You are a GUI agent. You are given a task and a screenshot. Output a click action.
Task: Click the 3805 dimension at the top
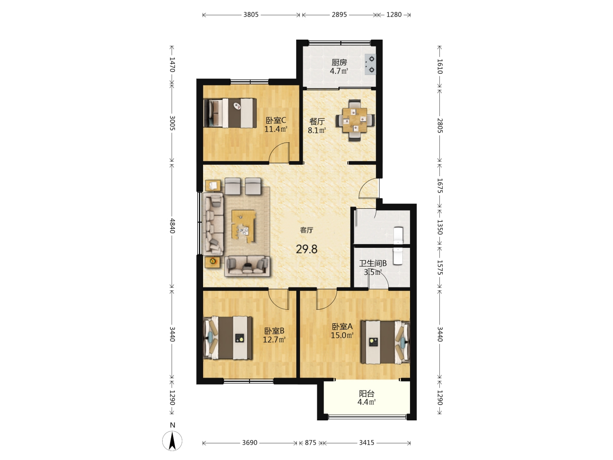[251, 14]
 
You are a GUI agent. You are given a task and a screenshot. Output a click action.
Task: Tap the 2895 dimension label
[339, 14]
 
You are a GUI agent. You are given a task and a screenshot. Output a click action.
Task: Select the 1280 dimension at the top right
[394, 14]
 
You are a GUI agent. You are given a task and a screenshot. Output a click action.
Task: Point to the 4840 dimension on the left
[172, 226]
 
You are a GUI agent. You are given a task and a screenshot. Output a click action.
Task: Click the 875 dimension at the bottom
[310, 443]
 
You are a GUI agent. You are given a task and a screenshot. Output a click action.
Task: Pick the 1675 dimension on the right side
[440, 185]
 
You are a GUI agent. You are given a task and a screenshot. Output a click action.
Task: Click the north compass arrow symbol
[172, 441]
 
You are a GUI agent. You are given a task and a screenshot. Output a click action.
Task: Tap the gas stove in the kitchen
[370, 64]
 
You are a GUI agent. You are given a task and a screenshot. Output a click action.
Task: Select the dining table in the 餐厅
[355, 121]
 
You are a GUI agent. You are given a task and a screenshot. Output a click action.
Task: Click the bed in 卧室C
[230, 113]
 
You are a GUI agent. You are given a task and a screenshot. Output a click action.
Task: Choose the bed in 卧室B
[228, 338]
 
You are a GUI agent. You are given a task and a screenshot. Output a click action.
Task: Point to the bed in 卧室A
[385, 342]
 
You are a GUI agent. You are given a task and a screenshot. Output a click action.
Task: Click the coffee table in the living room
[243, 227]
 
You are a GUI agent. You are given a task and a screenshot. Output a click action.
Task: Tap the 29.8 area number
[306, 249]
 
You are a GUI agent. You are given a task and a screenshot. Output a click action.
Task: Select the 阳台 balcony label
[367, 394]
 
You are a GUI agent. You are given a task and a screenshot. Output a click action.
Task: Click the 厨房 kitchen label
[339, 62]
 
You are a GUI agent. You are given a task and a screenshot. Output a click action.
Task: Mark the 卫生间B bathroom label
[373, 263]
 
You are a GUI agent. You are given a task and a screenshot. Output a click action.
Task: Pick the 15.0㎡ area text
[342, 335]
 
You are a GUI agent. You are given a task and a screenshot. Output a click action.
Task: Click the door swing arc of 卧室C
[276, 148]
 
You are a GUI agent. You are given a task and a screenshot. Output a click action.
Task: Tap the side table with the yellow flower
[213, 262]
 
